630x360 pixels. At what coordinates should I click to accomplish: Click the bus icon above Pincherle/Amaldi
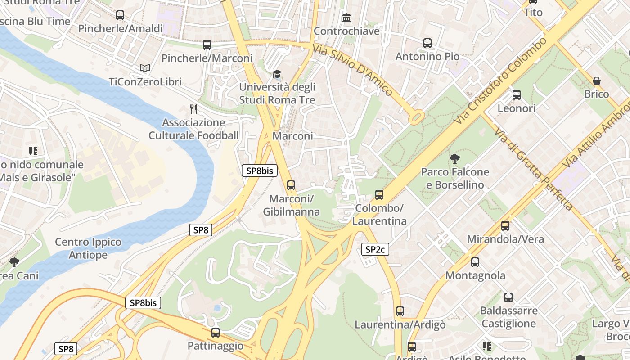click(x=120, y=15)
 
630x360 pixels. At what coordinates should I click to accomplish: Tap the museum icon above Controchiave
click(x=346, y=18)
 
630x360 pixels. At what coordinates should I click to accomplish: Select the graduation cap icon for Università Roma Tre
click(x=277, y=74)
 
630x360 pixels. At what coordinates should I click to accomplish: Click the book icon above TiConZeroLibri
click(x=144, y=68)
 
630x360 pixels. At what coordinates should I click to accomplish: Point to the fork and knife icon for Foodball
click(x=193, y=109)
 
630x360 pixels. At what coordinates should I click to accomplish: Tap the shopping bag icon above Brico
click(x=597, y=81)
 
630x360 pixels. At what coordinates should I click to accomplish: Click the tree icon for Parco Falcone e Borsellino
click(x=454, y=158)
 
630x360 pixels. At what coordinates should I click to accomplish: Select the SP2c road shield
click(x=375, y=249)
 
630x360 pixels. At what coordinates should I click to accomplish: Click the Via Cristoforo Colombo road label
click(x=502, y=80)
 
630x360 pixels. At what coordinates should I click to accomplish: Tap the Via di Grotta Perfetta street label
click(x=534, y=169)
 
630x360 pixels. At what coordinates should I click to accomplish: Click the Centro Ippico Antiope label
click(x=88, y=248)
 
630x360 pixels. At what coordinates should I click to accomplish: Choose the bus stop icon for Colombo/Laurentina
click(x=379, y=195)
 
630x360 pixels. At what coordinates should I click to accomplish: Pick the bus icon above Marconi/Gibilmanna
click(x=291, y=185)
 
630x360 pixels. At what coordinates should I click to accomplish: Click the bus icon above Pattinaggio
click(x=216, y=333)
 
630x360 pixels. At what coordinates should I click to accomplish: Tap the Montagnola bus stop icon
click(x=475, y=262)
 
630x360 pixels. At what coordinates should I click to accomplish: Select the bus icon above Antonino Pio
click(x=427, y=43)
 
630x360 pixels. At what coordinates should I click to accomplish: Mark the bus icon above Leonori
click(x=517, y=95)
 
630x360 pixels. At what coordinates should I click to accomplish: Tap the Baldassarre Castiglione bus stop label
click(x=508, y=317)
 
